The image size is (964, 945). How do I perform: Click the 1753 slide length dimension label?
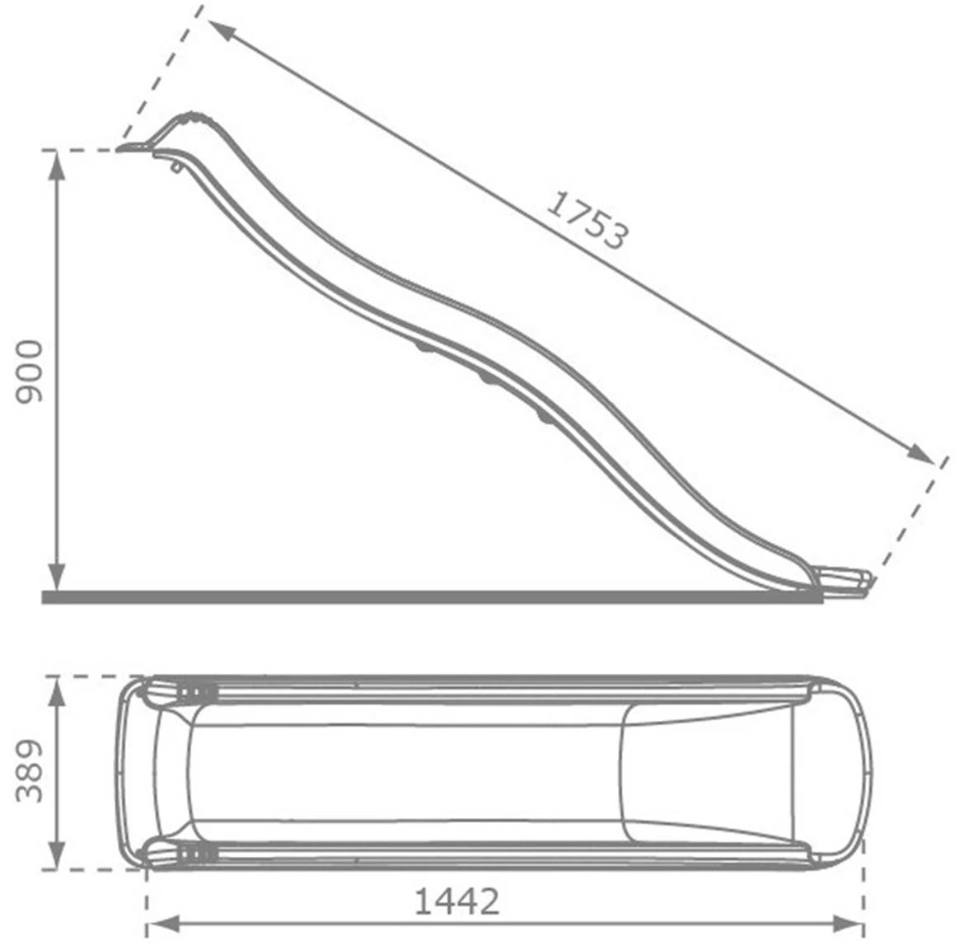pos(587,220)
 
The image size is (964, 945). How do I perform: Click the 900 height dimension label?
pos(29,372)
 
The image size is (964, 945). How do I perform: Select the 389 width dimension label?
pos(29,771)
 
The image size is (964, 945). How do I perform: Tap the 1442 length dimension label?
pos(456,902)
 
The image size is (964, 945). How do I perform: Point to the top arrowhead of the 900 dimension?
pos(57,166)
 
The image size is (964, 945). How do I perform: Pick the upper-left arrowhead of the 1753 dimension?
pos(222,30)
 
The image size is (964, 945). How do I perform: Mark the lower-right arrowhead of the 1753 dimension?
pos(920,454)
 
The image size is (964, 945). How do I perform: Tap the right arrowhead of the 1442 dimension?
pos(849,924)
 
